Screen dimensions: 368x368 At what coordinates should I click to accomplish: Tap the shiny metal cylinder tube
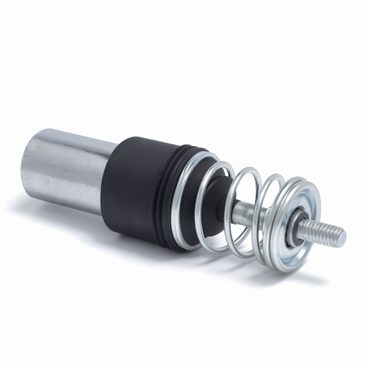tap(68, 169)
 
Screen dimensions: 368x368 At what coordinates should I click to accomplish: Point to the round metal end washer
tap(296, 216)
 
